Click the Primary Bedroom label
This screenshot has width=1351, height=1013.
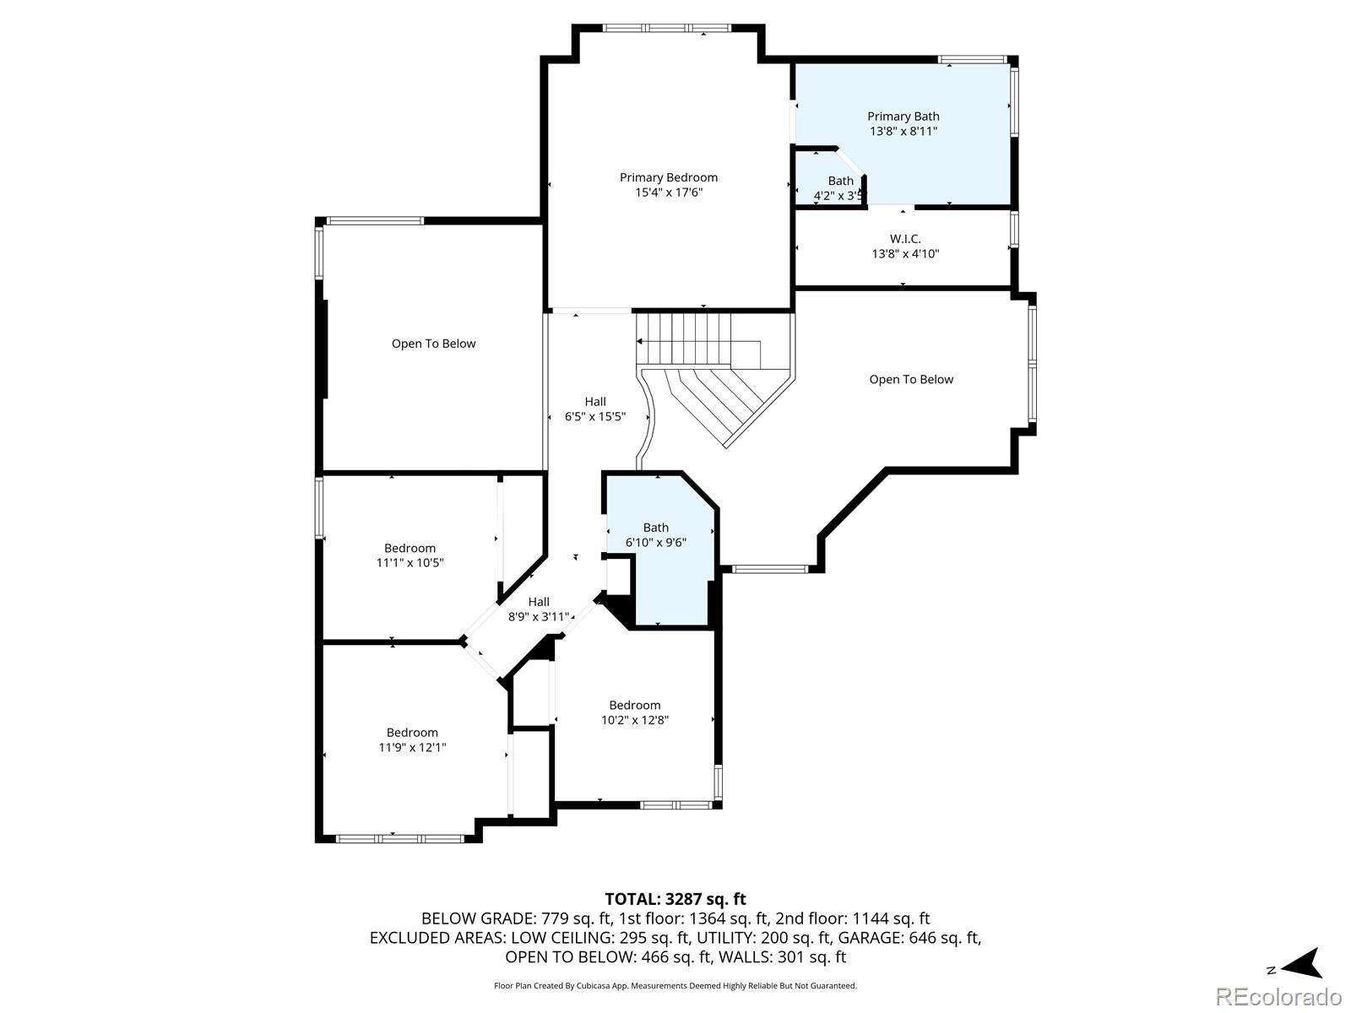coord(668,177)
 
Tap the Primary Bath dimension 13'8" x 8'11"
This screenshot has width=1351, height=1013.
coord(903,132)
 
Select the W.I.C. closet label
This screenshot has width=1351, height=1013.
coord(905,239)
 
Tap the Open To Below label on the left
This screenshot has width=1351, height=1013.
coord(433,344)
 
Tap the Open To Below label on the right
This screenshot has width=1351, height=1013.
coord(911,380)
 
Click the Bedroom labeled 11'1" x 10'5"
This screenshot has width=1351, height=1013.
coord(410,555)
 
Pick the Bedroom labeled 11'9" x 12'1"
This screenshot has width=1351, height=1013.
coord(412,739)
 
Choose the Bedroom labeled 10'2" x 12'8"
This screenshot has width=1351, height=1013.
coord(635,712)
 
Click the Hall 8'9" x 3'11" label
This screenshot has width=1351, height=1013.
coord(539,609)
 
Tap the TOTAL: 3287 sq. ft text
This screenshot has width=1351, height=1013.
coord(675,899)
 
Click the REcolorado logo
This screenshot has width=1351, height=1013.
coord(1278,996)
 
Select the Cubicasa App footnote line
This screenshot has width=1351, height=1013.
coord(675,986)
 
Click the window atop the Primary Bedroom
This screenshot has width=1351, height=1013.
coord(667,28)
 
